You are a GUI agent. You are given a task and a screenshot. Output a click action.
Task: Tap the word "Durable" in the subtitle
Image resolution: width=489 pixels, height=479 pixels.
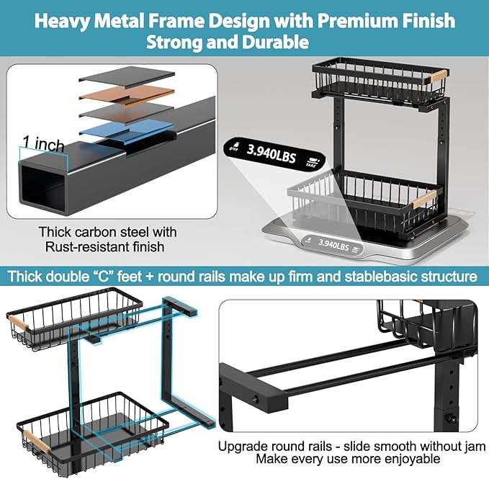coord(277,42)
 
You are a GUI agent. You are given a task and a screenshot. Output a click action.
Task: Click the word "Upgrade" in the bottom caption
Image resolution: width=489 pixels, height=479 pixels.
coord(243,446)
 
